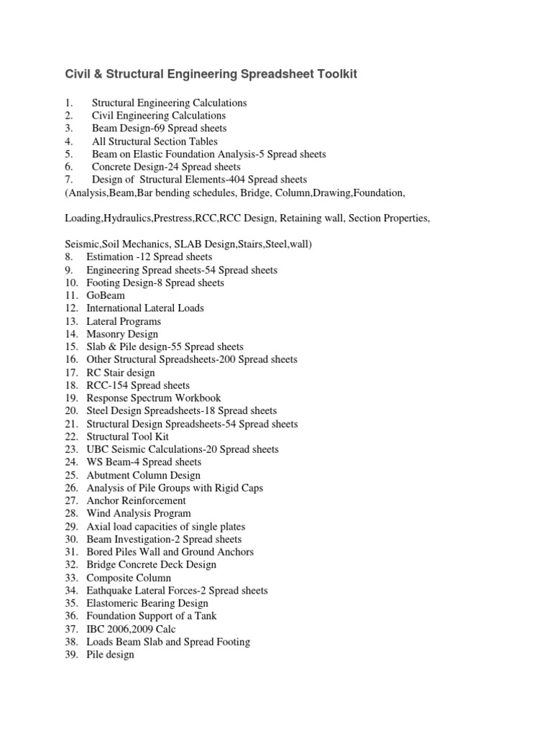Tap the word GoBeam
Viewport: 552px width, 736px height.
click(x=106, y=295)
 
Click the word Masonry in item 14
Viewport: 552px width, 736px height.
click(x=106, y=334)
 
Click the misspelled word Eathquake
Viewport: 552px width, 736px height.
click(x=111, y=591)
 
